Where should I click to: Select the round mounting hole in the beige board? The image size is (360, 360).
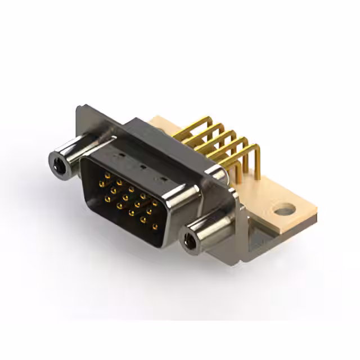point(285,211)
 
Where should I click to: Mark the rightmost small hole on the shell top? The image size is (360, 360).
point(164,179)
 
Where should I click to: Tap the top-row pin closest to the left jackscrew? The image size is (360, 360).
point(106,175)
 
